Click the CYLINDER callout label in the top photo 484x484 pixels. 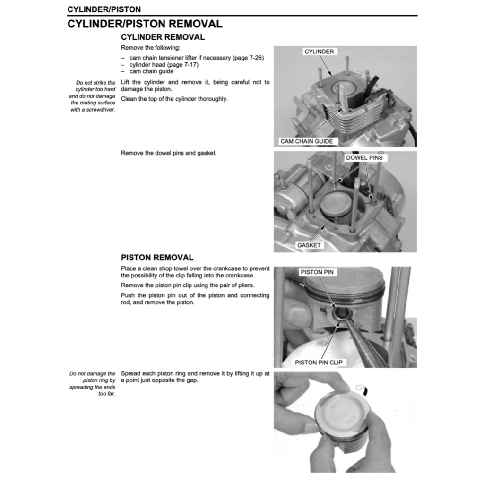click(319, 52)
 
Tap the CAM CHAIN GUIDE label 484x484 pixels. click(306, 141)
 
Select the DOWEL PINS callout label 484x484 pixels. click(364, 157)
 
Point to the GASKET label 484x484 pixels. click(309, 245)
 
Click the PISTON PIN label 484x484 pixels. click(317, 272)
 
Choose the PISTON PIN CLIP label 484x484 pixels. click(318, 363)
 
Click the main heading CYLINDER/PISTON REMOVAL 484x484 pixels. click(145, 24)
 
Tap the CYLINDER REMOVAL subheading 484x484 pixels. click(163, 37)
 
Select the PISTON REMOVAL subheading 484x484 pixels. click(157, 258)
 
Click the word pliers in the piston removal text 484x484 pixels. click(244, 285)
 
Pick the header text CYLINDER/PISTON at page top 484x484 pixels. click(104, 9)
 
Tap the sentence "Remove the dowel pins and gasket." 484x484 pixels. click(169, 153)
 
